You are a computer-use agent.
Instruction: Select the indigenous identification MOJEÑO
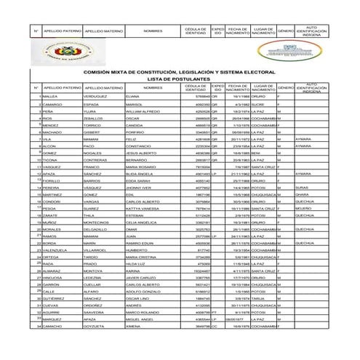(x=304, y=230)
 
